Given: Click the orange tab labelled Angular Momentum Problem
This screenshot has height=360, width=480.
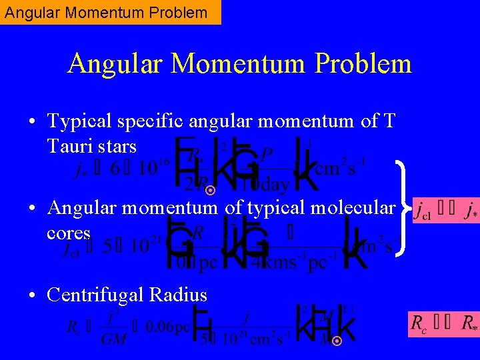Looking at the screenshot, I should tap(110, 12).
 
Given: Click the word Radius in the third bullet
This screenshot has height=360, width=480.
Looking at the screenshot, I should tap(181, 295).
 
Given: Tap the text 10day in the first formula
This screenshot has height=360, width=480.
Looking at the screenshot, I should tap(266, 184).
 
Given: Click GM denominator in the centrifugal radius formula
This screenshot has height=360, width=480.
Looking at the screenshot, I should tap(114, 339).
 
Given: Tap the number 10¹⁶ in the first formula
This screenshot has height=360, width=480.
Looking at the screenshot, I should tap(153, 167).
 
